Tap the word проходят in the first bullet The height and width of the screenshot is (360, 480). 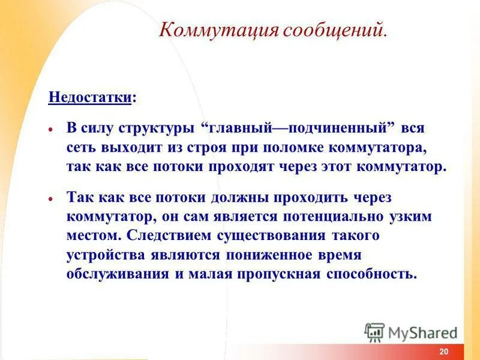(x=240, y=166)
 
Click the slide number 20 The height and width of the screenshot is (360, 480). (x=443, y=352)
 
